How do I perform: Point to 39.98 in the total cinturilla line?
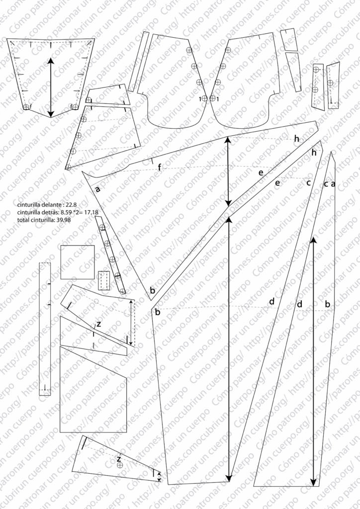pos(65,220)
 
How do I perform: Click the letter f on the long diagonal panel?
pos(159,168)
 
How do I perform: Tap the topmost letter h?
pos(296,139)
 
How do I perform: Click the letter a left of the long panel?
pos(97,189)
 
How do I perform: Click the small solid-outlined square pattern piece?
pos(78,262)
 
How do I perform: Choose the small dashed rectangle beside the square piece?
pos(104,280)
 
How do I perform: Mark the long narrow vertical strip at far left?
pos(45,328)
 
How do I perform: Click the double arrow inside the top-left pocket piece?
pos(51,87)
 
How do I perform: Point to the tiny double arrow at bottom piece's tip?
pos(159,476)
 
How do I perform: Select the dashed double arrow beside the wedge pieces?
pos(131,323)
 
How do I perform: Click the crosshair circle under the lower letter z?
pos(119,466)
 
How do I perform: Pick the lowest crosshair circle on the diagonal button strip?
pos(122,291)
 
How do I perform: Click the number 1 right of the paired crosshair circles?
pos(218,99)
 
